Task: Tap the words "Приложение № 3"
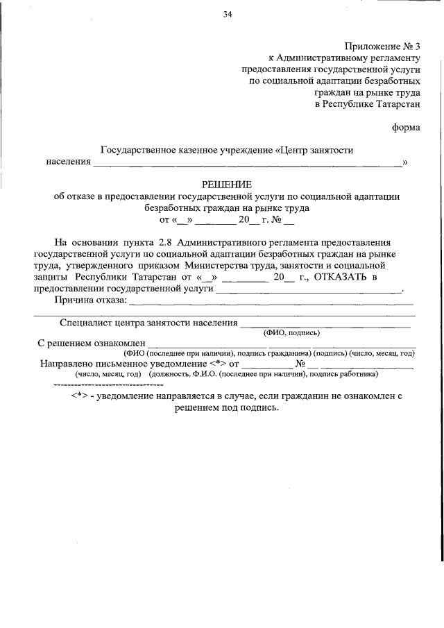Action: pos(380,46)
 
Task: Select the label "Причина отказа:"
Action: pos(90,300)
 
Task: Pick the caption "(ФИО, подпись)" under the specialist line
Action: pos(291,332)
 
